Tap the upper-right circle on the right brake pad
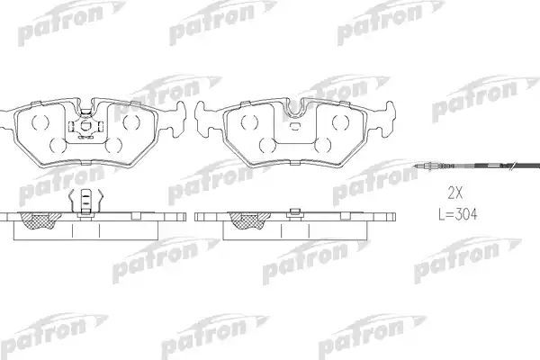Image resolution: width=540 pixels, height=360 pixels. tap(339, 121)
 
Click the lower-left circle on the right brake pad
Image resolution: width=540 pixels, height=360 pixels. tap(266, 144)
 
